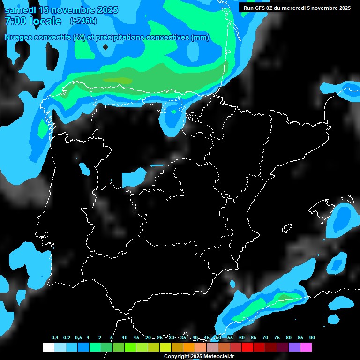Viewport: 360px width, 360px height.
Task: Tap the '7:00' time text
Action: click(x=15, y=21)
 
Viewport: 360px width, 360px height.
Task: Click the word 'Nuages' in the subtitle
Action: click(x=18, y=37)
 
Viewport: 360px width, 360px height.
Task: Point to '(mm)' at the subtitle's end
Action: click(x=200, y=37)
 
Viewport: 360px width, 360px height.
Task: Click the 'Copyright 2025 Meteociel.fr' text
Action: click(x=199, y=356)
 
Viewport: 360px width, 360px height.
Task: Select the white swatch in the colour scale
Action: click(x=48, y=347)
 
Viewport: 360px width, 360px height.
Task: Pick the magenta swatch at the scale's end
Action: click(x=306, y=347)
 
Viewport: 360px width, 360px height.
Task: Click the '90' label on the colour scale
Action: click(x=312, y=337)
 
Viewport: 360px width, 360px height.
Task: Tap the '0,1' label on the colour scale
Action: click(x=55, y=337)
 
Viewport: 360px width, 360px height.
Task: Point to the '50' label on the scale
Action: click(x=218, y=337)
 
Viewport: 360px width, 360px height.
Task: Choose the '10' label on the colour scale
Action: click(x=125, y=337)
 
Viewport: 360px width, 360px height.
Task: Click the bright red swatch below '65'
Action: click(x=247, y=347)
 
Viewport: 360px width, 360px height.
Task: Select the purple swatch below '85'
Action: click(x=294, y=347)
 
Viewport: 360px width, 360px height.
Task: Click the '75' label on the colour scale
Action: click(x=277, y=337)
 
